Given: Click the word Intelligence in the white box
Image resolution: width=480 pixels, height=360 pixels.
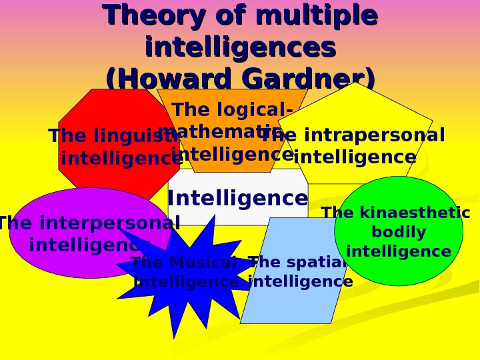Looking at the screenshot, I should pyautogui.click(x=237, y=198).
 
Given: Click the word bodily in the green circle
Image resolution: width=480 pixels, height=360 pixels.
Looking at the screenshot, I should pyautogui.click(x=398, y=233).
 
